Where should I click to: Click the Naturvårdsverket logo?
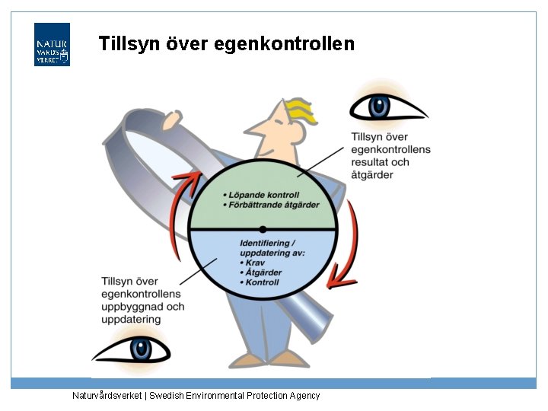(x=52, y=45)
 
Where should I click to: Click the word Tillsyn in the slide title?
(x=131, y=44)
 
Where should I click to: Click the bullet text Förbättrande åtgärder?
(x=273, y=205)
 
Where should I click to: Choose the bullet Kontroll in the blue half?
(x=263, y=282)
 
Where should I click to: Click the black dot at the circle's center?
(x=263, y=228)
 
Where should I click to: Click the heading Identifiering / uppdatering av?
(x=262, y=247)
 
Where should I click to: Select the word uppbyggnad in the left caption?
(x=129, y=307)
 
